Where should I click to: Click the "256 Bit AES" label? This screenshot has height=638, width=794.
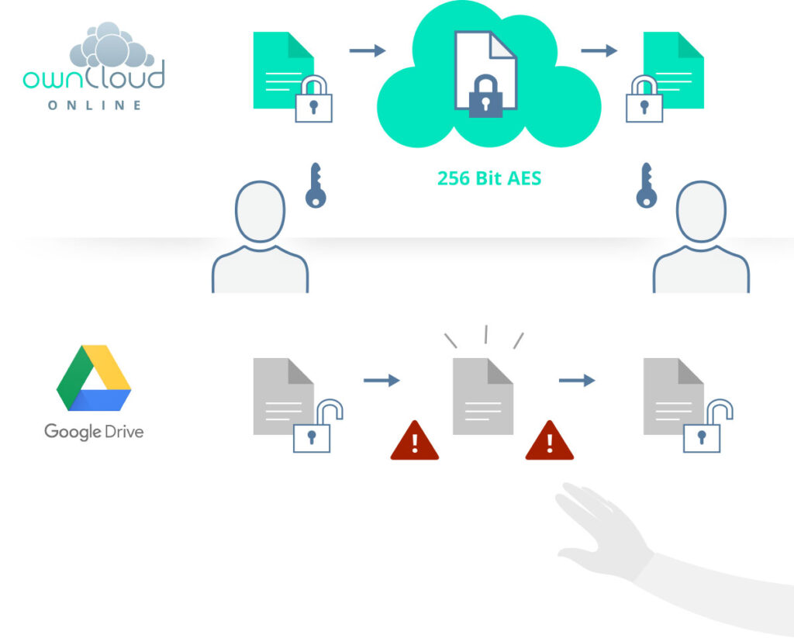[x=488, y=178]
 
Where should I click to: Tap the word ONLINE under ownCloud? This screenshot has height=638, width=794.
[x=95, y=105]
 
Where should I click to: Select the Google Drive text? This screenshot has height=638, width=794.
[x=94, y=431]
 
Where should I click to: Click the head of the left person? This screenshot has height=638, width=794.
[x=261, y=211]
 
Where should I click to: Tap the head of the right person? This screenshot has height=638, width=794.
[x=701, y=211]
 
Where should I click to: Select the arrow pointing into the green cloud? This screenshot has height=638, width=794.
[x=368, y=51]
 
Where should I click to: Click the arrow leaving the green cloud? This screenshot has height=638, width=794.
[x=599, y=51]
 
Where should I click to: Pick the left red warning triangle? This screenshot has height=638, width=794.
[x=414, y=441]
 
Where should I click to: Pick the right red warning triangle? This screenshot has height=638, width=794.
[x=549, y=441]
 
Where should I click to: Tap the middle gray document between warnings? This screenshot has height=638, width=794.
[x=482, y=396]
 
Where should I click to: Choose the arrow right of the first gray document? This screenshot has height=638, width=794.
[x=381, y=380]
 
